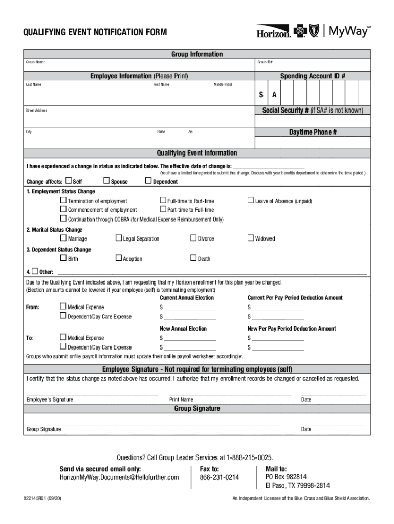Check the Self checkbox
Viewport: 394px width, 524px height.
click(x=69, y=181)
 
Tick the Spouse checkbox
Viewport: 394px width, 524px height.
click(x=106, y=181)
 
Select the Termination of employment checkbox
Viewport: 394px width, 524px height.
click(x=63, y=200)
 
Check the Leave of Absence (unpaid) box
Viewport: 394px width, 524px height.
click(x=251, y=200)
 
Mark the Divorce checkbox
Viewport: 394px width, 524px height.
click(x=193, y=238)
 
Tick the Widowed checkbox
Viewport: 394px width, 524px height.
click(x=251, y=238)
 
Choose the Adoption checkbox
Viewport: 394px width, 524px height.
click(x=119, y=258)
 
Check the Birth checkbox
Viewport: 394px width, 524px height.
click(x=63, y=258)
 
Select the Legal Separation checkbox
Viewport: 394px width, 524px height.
click(x=119, y=238)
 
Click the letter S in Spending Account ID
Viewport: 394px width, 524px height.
click(x=261, y=95)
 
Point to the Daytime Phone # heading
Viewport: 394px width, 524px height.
click(x=313, y=132)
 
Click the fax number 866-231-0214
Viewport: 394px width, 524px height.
click(x=219, y=477)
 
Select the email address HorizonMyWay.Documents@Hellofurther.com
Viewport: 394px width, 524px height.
click(x=119, y=477)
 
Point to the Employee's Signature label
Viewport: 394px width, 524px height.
click(x=50, y=400)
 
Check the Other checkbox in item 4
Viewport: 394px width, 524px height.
click(x=34, y=271)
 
